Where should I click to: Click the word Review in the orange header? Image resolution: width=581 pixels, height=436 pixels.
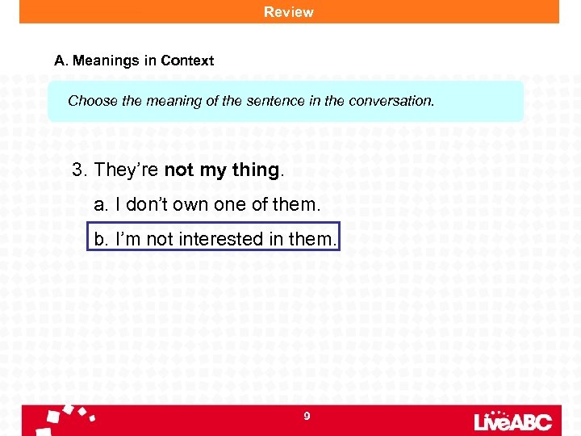point(289,12)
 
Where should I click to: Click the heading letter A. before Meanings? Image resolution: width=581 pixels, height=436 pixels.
point(61,61)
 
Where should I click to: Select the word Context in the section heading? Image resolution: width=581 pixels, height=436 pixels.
point(187,61)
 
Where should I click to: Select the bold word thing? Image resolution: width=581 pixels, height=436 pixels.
point(255,170)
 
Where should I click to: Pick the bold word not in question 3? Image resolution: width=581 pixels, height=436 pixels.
point(180,170)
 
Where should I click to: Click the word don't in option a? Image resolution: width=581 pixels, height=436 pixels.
point(145,205)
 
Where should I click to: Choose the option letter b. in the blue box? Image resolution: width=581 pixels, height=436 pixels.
point(101,240)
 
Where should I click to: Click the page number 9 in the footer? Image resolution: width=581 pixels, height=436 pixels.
point(307,417)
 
